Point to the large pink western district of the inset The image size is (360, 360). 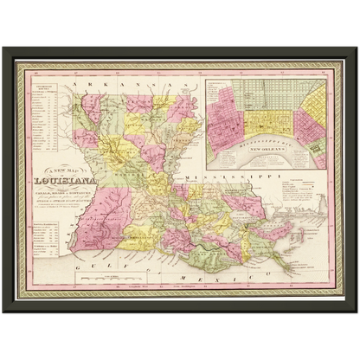point(224,112)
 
